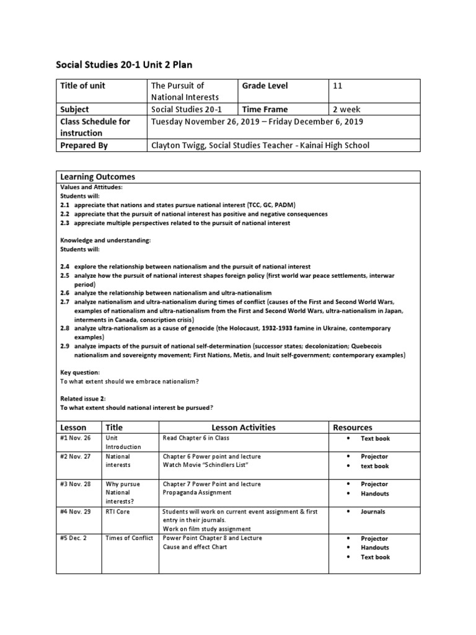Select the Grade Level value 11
pos(338,86)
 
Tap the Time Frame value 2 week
pos(346,110)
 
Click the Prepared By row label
pos(84,146)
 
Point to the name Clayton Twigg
pos(178,146)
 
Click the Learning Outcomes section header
pos(97,177)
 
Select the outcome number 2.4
pos(64,266)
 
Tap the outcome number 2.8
pos(64,327)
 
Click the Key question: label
pos(80,372)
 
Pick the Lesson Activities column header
pos(244,427)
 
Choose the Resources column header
pos(353,427)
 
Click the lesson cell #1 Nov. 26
pos(75,438)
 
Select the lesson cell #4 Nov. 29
pos(75,512)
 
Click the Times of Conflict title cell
pos(130,538)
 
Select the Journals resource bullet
pos(373,512)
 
